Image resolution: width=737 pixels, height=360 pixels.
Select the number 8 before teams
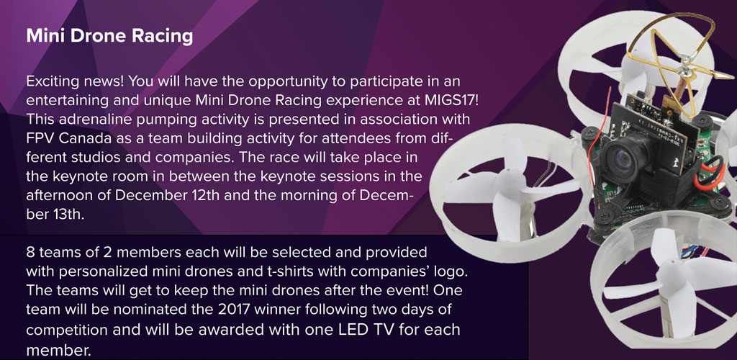30,253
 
